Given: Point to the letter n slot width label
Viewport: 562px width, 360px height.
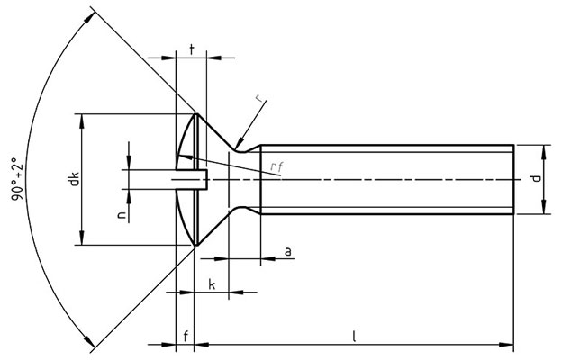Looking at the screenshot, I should (120, 214).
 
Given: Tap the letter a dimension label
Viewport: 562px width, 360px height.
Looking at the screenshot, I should (287, 252).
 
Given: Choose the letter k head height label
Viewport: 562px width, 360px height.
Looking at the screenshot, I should (212, 284).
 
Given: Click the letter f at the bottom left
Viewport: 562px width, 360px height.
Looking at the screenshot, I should (185, 337).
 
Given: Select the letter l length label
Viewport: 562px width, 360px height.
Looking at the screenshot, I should (355, 337).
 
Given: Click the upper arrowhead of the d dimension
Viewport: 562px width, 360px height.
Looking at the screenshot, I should (543, 149).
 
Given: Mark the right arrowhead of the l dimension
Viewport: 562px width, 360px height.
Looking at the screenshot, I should (509, 345).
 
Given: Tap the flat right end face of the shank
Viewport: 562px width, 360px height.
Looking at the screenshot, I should (514, 180).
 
